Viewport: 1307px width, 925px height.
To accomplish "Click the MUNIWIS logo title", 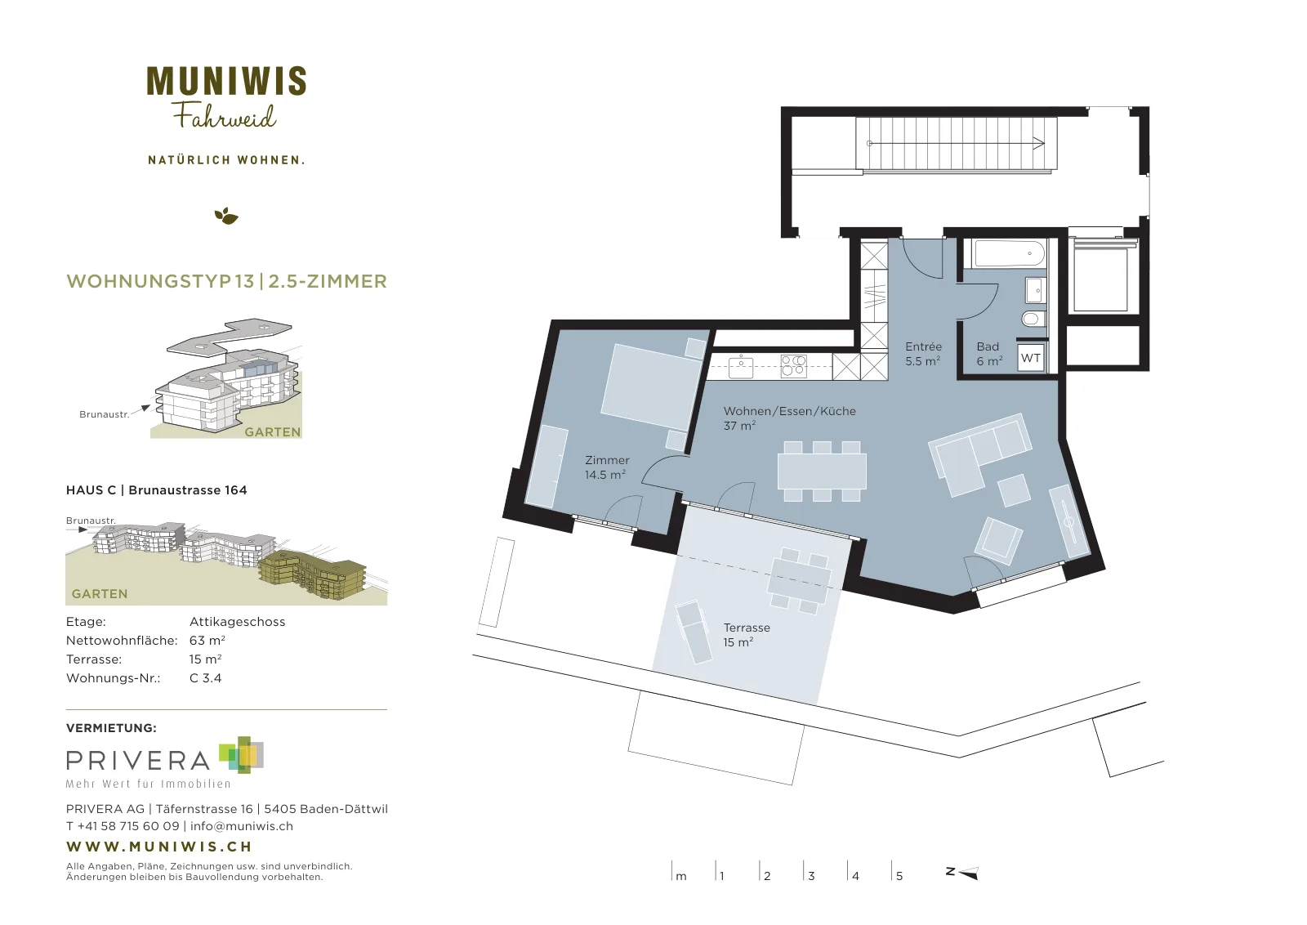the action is click(226, 81).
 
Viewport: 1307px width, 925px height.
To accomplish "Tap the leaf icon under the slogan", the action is click(226, 216).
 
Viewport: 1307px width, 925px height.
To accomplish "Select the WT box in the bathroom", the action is click(1031, 358).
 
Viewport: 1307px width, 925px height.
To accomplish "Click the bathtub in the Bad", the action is click(1009, 254).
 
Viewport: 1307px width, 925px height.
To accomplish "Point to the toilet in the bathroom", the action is click(1033, 319).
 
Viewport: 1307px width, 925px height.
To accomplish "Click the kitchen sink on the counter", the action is click(741, 366).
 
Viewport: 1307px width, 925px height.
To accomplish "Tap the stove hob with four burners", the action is click(794, 367).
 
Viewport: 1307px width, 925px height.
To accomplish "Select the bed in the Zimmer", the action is click(653, 386).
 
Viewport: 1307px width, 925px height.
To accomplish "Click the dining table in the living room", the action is click(822, 471).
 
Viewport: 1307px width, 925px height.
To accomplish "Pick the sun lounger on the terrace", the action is click(694, 632).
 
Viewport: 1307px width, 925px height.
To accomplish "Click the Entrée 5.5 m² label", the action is click(923, 355).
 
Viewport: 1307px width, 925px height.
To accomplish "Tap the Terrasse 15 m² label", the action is click(747, 635).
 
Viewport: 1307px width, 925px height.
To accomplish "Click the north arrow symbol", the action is click(962, 873).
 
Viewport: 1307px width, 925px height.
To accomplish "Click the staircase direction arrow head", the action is click(1038, 144).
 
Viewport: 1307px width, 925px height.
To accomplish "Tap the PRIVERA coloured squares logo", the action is click(242, 754).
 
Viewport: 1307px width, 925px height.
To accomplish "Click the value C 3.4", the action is click(205, 678).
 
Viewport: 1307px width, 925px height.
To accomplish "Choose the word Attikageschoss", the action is click(238, 622).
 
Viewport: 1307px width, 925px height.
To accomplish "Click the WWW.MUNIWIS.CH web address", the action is click(159, 847).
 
